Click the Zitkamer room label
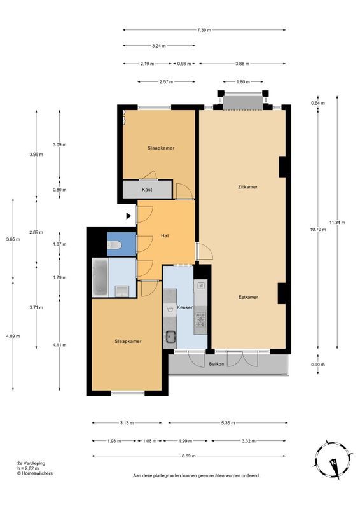click(x=247, y=187)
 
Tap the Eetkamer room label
click(x=247, y=297)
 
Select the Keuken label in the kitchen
click(x=185, y=307)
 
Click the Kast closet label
click(x=147, y=190)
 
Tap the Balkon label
click(x=216, y=364)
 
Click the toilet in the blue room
click(x=116, y=245)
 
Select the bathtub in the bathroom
click(x=100, y=277)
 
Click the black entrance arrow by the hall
click(x=129, y=216)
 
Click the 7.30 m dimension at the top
click(x=204, y=30)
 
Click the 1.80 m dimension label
click(x=242, y=81)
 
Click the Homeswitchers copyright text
click(x=36, y=473)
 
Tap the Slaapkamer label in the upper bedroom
click(x=161, y=148)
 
